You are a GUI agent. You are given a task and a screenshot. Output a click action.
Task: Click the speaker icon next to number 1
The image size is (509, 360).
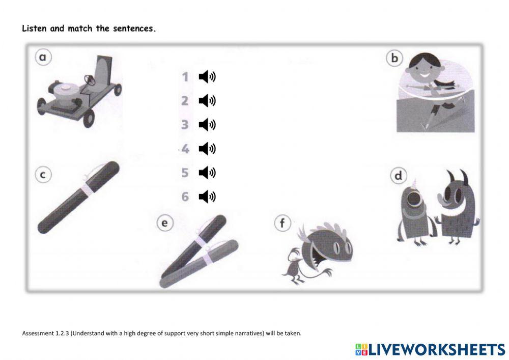(207, 77)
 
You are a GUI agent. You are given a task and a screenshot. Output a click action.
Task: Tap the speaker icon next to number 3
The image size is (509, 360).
(207, 125)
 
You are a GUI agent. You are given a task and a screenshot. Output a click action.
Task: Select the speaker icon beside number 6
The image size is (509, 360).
(207, 197)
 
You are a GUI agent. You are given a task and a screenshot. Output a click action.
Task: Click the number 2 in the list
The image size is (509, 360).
(185, 101)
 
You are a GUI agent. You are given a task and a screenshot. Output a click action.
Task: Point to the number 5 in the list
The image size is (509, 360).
(185, 173)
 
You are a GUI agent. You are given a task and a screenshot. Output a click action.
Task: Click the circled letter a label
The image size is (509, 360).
(43, 58)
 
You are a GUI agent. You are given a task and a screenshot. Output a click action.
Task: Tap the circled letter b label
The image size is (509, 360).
(394, 59)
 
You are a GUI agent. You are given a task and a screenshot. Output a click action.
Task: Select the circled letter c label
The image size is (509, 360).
(43, 175)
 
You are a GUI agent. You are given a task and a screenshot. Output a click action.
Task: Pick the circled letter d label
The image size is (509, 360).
(398, 176)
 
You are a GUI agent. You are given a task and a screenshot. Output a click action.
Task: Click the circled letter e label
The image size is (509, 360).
(164, 223)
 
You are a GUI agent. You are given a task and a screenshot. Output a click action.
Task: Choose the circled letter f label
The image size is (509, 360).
(281, 223)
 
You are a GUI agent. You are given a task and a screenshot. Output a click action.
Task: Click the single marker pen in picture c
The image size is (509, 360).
(79, 197)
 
